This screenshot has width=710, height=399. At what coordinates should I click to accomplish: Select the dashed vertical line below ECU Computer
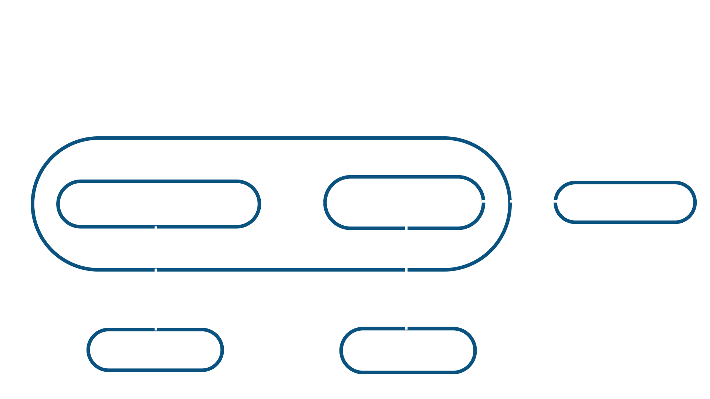406,277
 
